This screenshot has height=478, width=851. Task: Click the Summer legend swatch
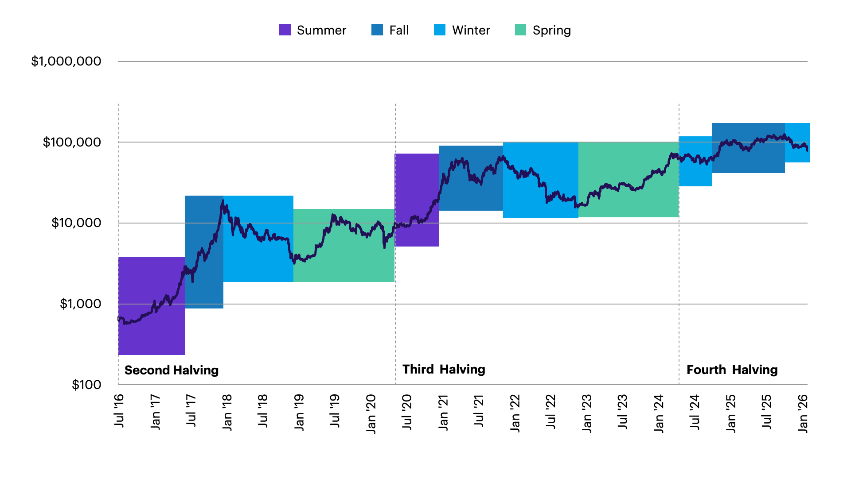click(285, 30)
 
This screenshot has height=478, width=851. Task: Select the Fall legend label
click(399, 30)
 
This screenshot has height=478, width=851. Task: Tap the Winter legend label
click(471, 30)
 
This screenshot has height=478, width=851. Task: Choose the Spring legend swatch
click(520, 30)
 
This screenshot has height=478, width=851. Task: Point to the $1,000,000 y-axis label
click(66, 61)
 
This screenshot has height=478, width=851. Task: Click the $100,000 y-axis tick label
click(72, 142)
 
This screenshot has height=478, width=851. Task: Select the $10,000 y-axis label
click(76, 223)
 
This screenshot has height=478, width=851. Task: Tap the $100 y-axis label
click(86, 385)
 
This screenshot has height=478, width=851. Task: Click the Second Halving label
click(172, 370)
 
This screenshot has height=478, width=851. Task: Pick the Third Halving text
click(444, 369)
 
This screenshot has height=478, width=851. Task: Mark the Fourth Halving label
click(732, 370)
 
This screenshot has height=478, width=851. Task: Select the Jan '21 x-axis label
click(443, 412)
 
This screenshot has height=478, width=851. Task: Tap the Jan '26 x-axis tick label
click(803, 413)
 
